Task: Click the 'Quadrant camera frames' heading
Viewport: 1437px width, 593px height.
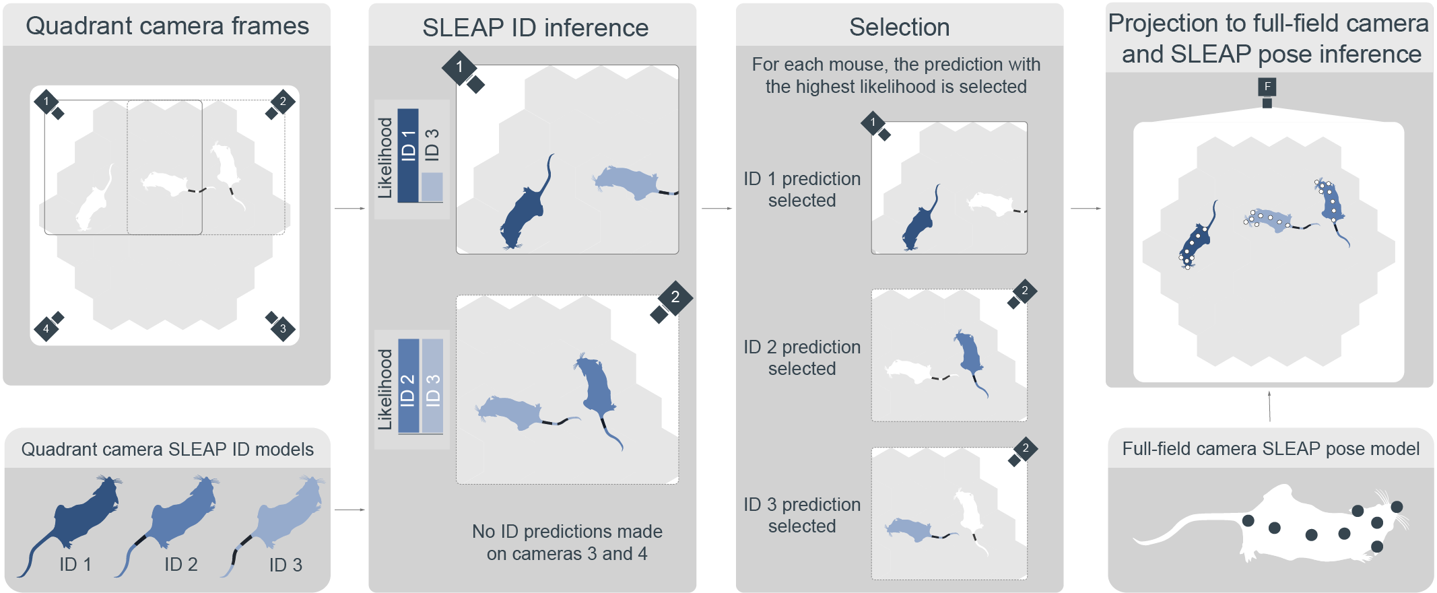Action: (167, 26)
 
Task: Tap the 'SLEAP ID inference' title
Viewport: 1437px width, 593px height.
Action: (535, 28)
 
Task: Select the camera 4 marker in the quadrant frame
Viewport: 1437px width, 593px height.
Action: (46, 328)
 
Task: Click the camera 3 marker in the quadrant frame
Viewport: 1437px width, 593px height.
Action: (283, 328)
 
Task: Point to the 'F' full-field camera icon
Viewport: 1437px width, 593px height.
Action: (1267, 86)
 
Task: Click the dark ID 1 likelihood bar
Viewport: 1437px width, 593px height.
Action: (408, 155)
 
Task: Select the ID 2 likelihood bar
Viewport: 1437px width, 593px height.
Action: (408, 386)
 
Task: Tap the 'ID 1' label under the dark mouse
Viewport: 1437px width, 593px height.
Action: (75, 564)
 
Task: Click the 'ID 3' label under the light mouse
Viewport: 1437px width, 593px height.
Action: (286, 565)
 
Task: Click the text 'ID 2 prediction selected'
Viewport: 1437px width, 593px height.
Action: (802, 357)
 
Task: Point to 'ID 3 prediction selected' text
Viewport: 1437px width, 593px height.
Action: (802, 515)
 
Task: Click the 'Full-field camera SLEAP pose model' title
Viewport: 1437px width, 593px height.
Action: (1271, 449)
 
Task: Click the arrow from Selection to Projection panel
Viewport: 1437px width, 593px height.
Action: (1085, 209)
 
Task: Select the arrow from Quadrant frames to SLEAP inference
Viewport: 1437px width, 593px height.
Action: (349, 209)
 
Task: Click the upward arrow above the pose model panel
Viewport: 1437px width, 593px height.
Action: (1269, 406)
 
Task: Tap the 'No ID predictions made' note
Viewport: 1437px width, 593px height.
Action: (567, 543)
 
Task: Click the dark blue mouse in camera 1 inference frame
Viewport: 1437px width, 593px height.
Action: (525, 212)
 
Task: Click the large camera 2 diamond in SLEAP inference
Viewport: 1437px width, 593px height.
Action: (675, 298)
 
